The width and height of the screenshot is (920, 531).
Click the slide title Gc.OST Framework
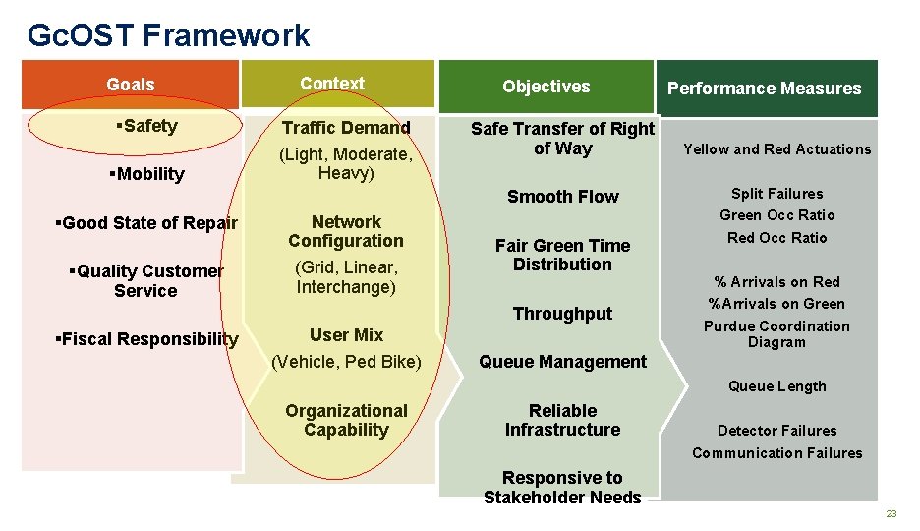tap(168, 35)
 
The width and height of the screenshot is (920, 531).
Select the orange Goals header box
tap(130, 85)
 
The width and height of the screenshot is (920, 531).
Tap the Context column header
tap(332, 84)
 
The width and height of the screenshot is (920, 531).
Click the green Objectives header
tap(546, 87)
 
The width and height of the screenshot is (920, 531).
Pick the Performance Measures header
tap(764, 88)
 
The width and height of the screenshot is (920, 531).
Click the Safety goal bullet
tap(146, 126)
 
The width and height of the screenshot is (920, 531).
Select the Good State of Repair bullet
tap(146, 223)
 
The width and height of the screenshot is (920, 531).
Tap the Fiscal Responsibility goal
tap(147, 339)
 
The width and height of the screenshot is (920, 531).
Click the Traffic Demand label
tap(346, 128)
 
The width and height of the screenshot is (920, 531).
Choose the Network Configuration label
tap(346, 231)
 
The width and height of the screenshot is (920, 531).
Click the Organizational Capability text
tap(346, 420)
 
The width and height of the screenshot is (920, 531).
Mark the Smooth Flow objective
tap(562, 197)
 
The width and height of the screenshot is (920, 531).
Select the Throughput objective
tap(562, 314)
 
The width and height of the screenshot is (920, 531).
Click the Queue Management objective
tap(562, 362)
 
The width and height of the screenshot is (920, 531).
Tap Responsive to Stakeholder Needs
tap(562, 488)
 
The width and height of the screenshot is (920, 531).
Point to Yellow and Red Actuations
tap(776, 149)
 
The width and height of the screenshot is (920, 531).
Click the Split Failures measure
tap(776, 194)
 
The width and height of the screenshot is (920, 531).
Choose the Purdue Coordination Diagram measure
tap(776, 334)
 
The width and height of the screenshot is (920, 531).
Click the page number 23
tap(891, 514)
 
